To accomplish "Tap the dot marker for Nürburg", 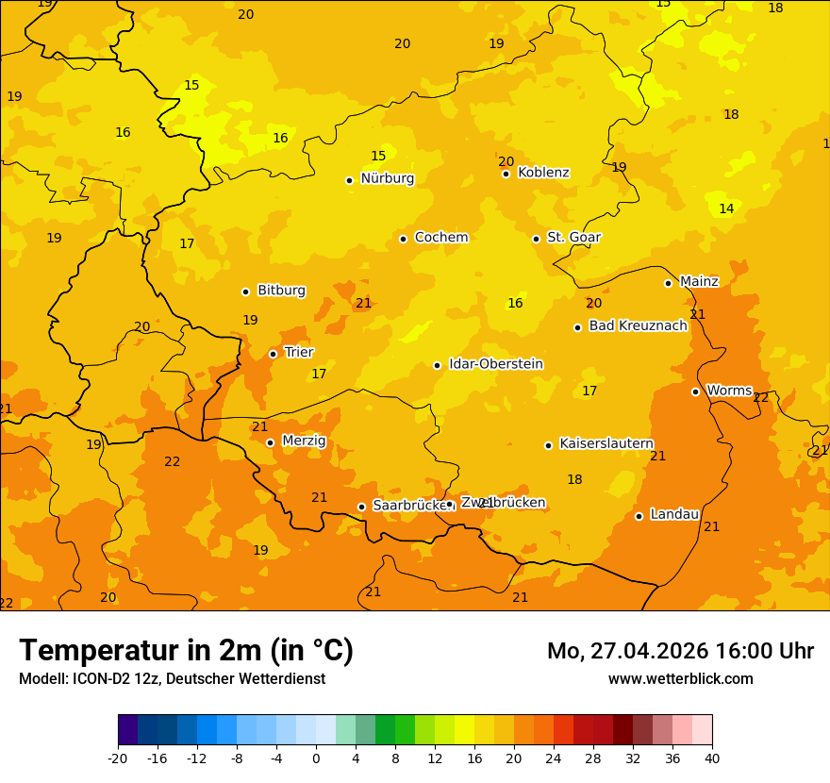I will (x=349, y=180).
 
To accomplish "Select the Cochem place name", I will (x=440, y=238).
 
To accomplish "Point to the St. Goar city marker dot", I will (x=536, y=239).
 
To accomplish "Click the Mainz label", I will (x=699, y=281).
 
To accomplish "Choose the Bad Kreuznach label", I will (x=638, y=325).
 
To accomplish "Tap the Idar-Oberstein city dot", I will (x=437, y=365).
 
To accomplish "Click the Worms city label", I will (x=728, y=391).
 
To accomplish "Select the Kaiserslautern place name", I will (x=606, y=443).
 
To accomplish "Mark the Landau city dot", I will (x=639, y=516).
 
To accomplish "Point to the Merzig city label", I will (x=304, y=441).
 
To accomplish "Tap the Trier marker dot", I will (x=273, y=354).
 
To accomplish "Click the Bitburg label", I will (x=281, y=291).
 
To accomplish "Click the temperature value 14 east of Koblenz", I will (x=726, y=208).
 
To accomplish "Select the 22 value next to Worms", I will (x=761, y=398).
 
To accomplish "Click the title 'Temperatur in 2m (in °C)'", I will (x=186, y=650).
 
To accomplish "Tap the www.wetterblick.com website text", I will (x=680, y=678).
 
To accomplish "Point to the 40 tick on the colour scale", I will (x=712, y=758).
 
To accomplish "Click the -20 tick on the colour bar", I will (x=118, y=758).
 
